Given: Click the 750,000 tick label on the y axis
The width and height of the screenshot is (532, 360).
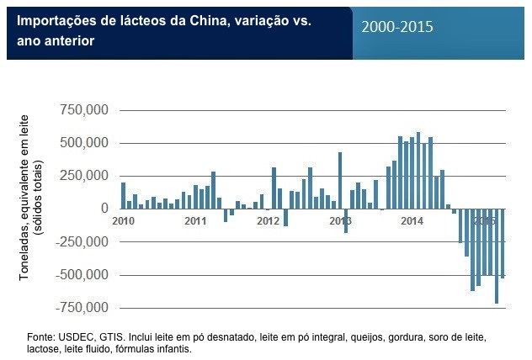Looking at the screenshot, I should (x=84, y=110).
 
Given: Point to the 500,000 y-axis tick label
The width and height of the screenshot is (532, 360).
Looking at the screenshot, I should (x=84, y=143).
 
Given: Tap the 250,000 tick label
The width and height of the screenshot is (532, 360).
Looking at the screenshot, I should (x=84, y=176).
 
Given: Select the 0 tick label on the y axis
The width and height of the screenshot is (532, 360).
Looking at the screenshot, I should (x=104, y=209).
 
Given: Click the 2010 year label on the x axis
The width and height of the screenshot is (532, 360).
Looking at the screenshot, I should (x=123, y=221).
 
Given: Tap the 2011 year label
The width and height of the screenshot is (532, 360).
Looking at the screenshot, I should (x=195, y=221).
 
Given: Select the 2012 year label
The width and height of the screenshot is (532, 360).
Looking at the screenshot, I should (x=268, y=221).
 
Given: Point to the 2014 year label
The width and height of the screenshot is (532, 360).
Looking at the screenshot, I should (x=412, y=221).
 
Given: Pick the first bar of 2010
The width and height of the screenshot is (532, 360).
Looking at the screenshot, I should (x=123, y=195).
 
